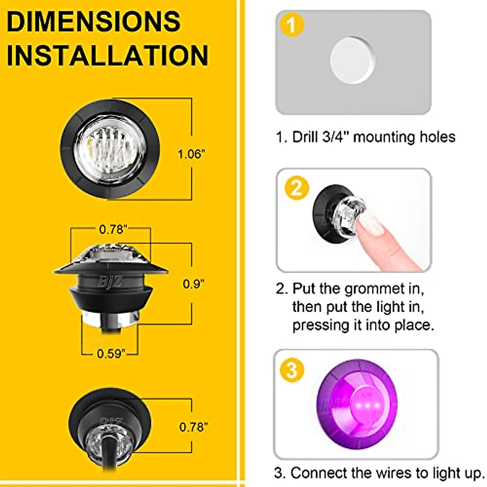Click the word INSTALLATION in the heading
[108, 56]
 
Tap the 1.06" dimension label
[192, 154]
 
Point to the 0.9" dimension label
[193, 284]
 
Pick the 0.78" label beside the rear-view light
[194, 427]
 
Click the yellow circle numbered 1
[292, 26]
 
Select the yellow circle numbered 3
[292, 370]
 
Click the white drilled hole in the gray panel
[352, 60]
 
